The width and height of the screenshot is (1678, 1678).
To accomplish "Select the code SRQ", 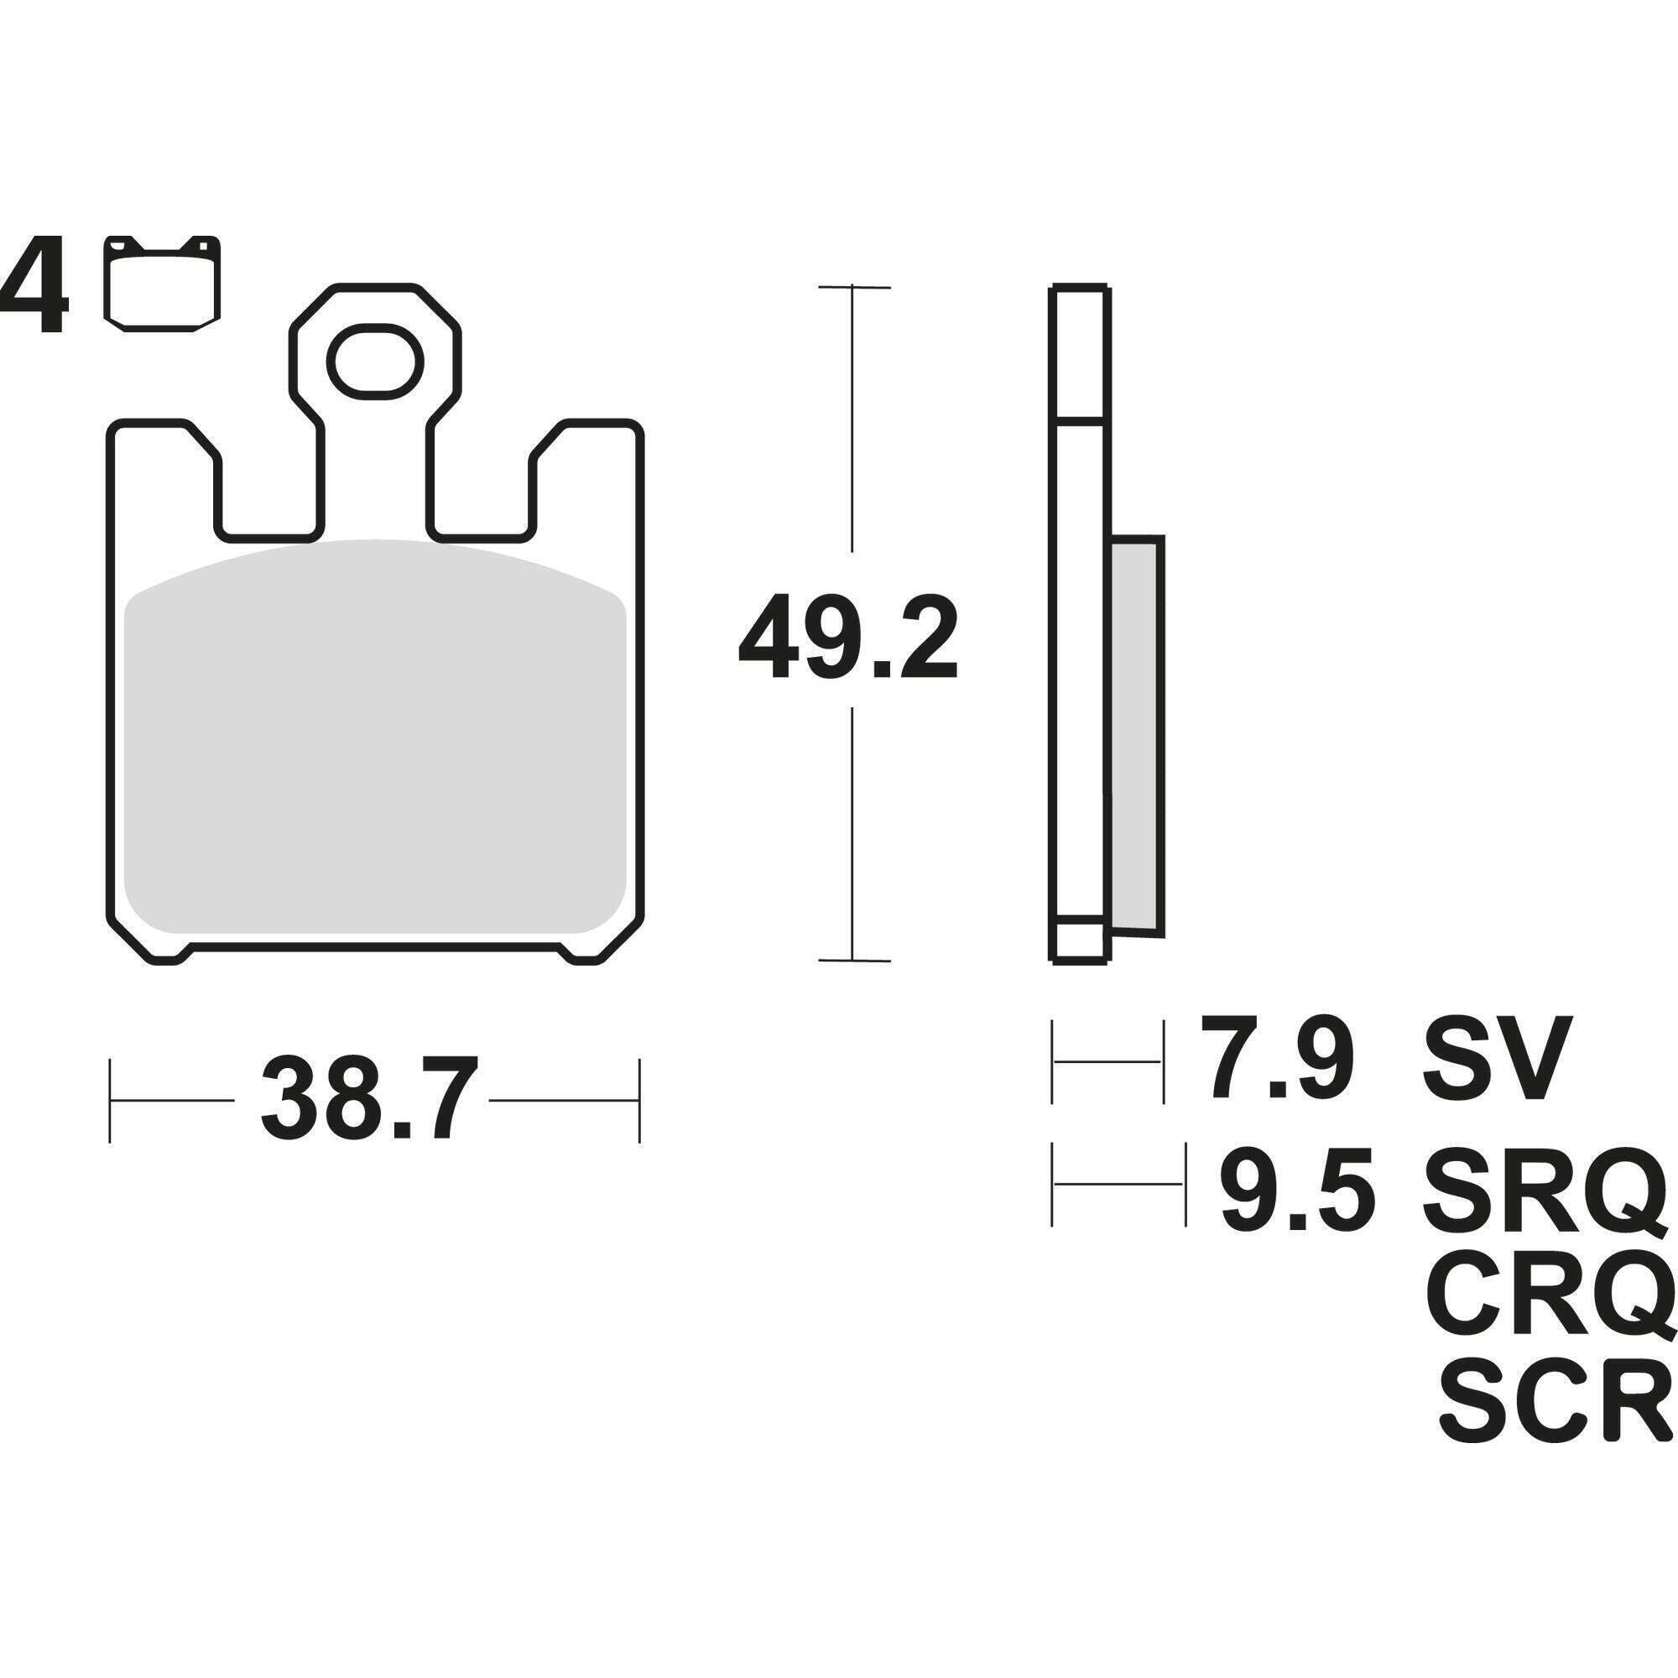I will pos(1545,1186).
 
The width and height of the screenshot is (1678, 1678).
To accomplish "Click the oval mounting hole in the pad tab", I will pos(374,362).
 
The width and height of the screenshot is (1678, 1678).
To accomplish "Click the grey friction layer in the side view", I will pos(1136,738).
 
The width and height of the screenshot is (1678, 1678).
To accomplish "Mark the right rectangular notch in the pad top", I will pos(481,491).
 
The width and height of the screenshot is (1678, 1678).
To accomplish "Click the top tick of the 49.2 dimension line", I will pos(854,286).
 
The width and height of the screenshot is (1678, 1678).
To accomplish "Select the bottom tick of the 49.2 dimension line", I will pos(854,961).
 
